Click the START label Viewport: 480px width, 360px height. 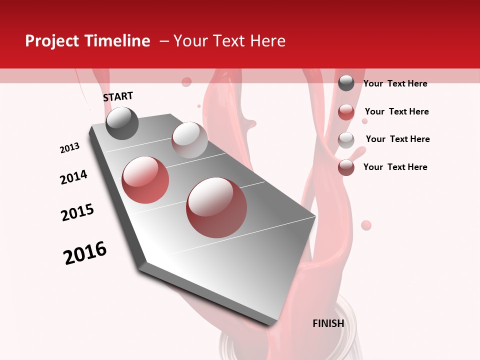coord(118,96)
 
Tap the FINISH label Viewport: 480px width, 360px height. coord(328,323)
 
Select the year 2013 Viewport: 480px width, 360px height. coord(69,148)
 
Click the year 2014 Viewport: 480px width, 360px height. coord(73,177)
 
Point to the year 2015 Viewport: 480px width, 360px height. coord(77,212)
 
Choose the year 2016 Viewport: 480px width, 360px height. coord(85,253)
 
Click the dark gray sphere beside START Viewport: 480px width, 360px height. coord(122,123)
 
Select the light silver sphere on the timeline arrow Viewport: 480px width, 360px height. coord(189,140)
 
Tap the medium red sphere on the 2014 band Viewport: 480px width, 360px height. coord(145,180)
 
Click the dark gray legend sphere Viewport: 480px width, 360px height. coord(346,83)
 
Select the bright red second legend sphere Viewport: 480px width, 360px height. coord(346,112)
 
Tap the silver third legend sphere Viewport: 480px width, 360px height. coord(346,139)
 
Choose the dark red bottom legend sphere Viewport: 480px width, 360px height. coord(346,167)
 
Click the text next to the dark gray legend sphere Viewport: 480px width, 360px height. coord(395,83)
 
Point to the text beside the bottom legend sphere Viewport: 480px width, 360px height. coord(395,167)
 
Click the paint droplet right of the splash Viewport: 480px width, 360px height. coord(366,225)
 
